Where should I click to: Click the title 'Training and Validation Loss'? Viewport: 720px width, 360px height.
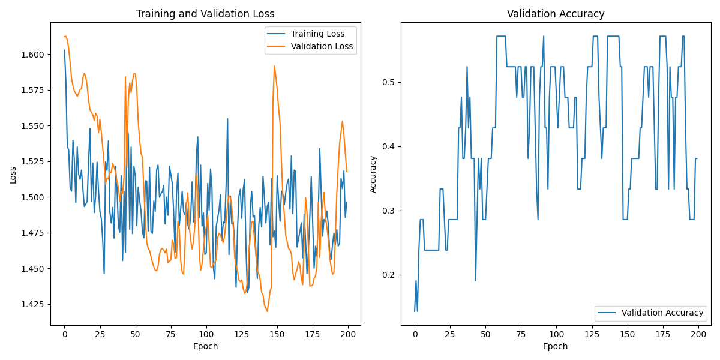[x=205, y=14]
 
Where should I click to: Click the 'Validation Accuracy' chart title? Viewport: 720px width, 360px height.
[x=556, y=14]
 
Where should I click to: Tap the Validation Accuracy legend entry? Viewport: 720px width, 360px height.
[x=662, y=313]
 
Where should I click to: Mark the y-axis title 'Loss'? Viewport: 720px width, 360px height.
[x=13, y=175]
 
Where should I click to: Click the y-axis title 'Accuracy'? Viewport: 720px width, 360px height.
[x=373, y=174]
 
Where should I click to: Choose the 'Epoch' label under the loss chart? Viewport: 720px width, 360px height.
[x=205, y=346]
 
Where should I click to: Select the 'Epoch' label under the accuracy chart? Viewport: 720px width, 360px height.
[x=556, y=346]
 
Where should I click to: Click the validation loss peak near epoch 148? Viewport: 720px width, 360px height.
[x=274, y=66]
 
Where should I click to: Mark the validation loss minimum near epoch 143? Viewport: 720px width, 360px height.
[x=267, y=311]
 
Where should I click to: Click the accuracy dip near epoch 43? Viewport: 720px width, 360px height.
[x=475, y=280]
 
